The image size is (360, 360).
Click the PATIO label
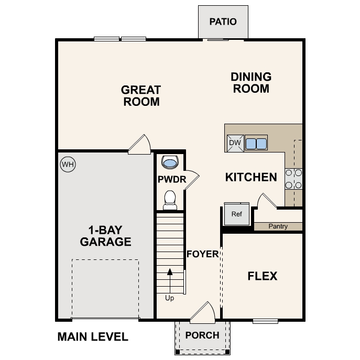click(x=223, y=22)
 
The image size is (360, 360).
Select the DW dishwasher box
click(x=234, y=143)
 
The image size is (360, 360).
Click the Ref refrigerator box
click(x=237, y=214)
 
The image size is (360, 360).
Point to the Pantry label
click(x=278, y=226)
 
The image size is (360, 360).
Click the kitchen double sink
click(x=256, y=143)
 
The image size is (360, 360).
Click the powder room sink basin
click(x=170, y=162)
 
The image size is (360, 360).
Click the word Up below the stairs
click(x=169, y=298)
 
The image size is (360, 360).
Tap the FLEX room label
click(x=262, y=276)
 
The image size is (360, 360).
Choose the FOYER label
click(x=202, y=254)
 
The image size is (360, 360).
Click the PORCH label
click(x=202, y=335)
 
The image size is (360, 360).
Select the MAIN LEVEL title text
click(x=92, y=336)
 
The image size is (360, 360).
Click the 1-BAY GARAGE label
click(x=105, y=236)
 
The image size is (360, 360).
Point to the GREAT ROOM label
click(x=141, y=95)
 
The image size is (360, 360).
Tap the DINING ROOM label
click(x=251, y=83)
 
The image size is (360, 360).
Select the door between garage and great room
click(x=140, y=145)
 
